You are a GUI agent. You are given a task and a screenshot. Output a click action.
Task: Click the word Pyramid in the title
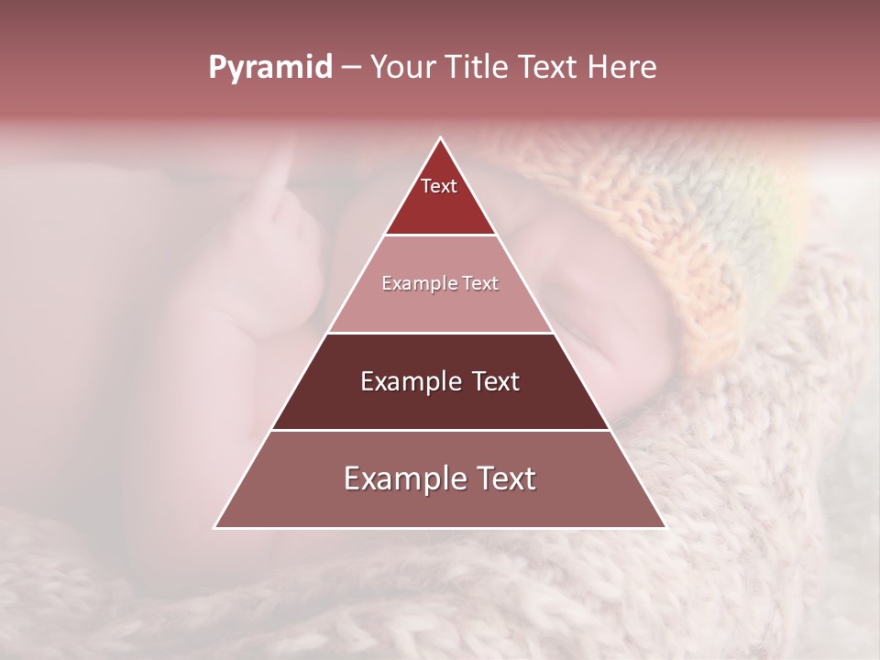coord(269,67)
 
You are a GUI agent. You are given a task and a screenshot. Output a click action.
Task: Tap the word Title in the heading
coord(481,67)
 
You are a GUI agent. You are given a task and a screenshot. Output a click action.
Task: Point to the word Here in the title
coord(622,67)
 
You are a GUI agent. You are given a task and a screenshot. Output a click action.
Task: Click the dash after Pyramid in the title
coord(350,68)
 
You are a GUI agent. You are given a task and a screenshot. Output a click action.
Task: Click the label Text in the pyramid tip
coord(439,186)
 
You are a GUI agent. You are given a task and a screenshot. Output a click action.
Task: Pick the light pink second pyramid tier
coord(440,307)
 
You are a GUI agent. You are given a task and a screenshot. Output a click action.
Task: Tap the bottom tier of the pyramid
coord(440,504)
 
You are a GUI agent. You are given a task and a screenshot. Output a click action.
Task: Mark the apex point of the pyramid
coord(440,138)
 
